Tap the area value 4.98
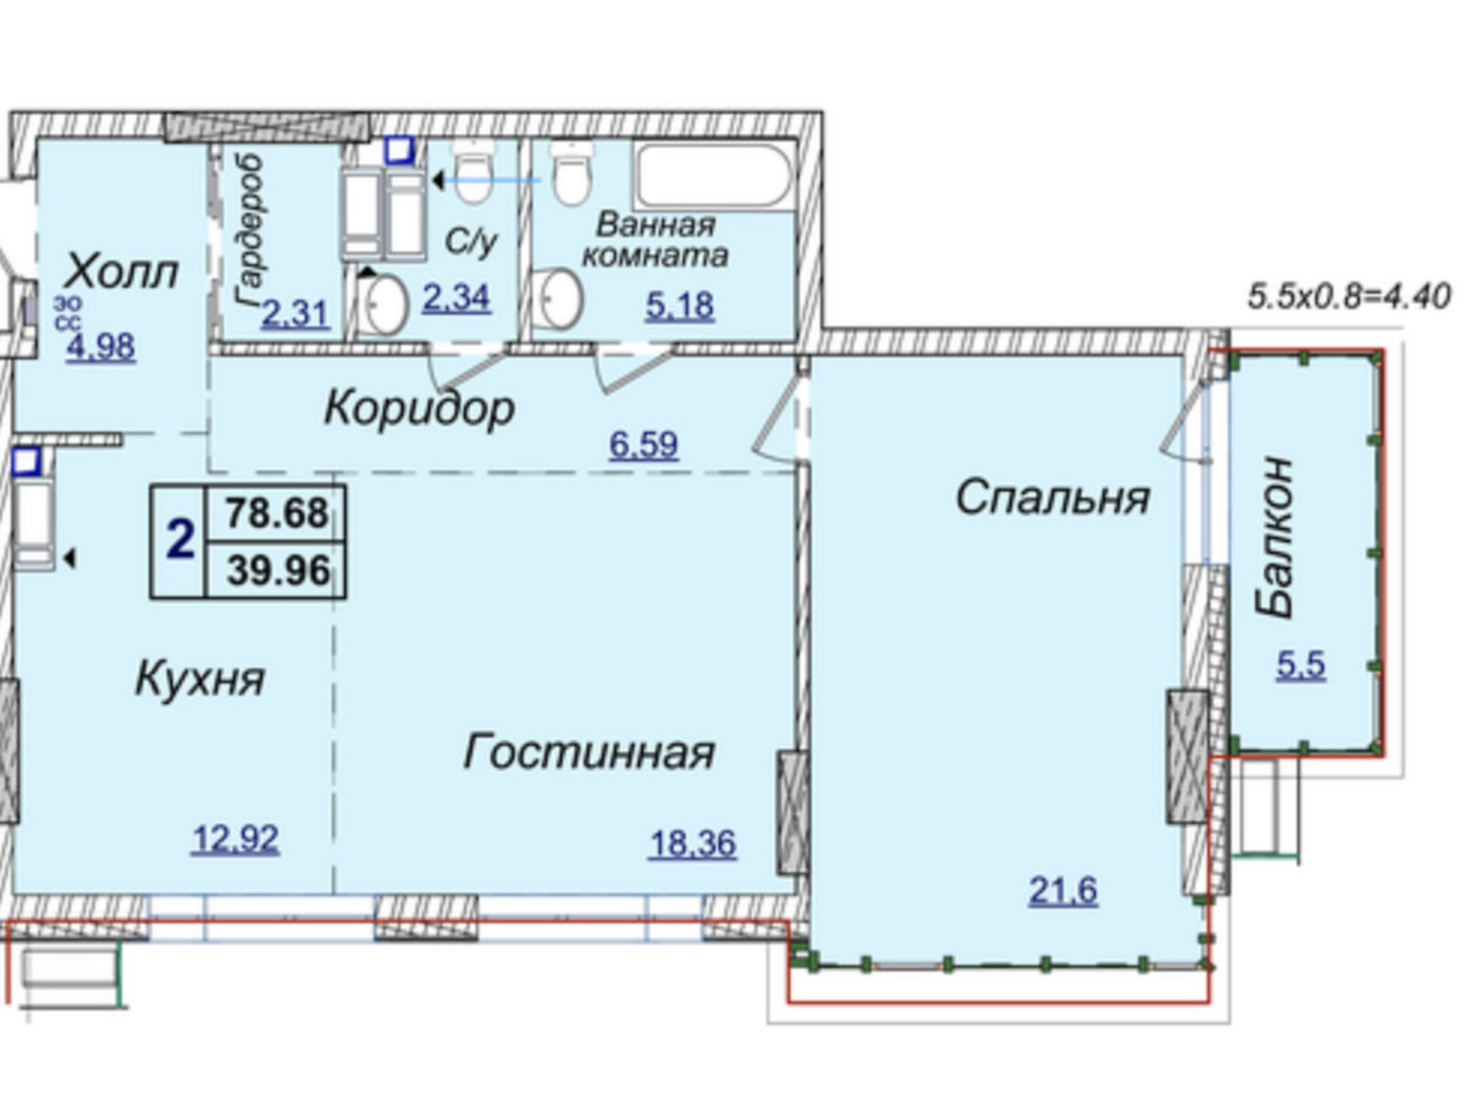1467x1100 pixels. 101,347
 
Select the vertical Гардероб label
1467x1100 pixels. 248,231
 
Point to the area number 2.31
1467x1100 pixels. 296,313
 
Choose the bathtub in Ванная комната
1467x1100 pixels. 713,176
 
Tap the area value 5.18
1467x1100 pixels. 679,306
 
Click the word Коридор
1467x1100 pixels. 420,409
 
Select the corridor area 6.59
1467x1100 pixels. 644,445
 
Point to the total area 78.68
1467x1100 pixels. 278,513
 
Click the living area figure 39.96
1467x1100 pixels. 279,571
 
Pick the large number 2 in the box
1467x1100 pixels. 180,540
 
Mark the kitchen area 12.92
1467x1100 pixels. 236,840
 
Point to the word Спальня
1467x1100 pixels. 1053,498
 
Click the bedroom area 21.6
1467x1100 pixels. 1064,890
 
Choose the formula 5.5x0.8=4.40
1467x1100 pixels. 1350,296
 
